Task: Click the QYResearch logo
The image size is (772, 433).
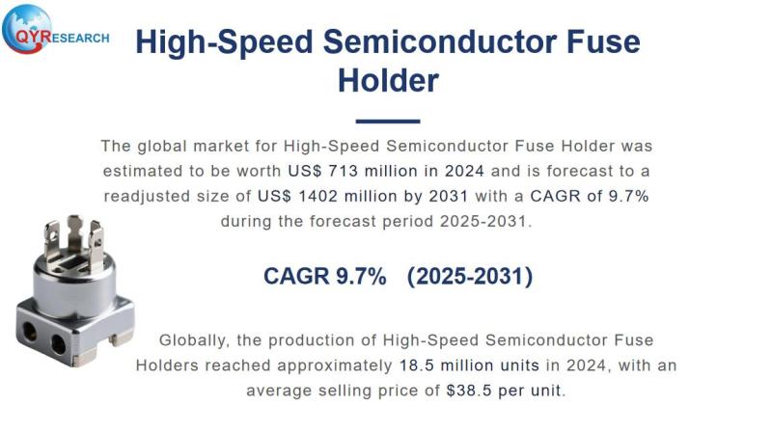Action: (x=53, y=35)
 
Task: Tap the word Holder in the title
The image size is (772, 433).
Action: (x=388, y=79)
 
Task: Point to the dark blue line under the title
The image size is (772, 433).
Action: (x=388, y=122)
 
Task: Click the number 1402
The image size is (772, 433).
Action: (x=400, y=196)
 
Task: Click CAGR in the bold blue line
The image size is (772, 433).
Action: (x=296, y=276)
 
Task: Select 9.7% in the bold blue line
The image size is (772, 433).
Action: (x=361, y=276)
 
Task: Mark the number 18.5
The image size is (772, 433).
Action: (x=417, y=365)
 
